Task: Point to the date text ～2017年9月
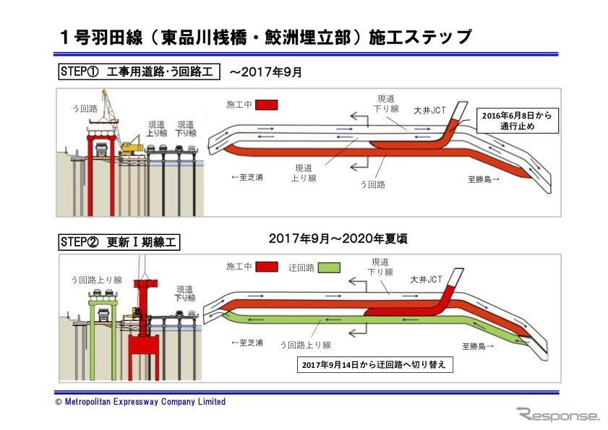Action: pyautogui.click(x=265, y=72)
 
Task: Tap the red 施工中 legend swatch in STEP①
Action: pyautogui.click(x=266, y=105)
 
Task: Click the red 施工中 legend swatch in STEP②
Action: pyautogui.click(x=266, y=267)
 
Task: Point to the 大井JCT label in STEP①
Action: pyautogui.click(x=440, y=111)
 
